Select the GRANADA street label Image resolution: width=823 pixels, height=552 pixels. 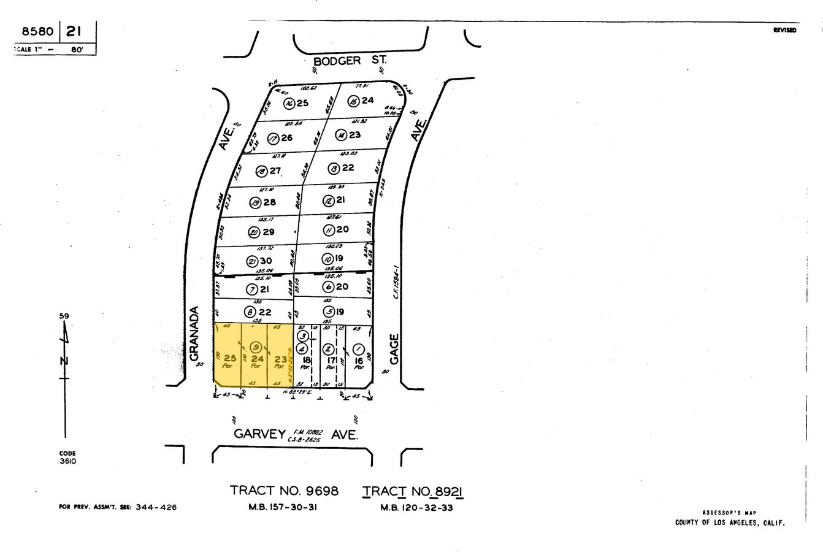click(x=195, y=334)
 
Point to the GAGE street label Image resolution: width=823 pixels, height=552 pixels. click(x=394, y=348)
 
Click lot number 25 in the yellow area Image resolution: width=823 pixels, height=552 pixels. click(x=230, y=358)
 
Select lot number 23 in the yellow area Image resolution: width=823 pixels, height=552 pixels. click(x=281, y=359)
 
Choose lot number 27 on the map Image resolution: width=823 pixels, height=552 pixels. click(x=275, y=171)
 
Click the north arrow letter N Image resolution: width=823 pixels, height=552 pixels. click(x=63, y=360)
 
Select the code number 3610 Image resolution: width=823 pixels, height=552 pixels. click(x=67, y=461)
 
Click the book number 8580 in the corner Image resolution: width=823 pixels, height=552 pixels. click(x=37, y=31)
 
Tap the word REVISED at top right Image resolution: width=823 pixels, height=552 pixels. click(x=785, y=30)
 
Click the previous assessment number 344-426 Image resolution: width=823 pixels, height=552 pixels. click(x=156, y=507)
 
